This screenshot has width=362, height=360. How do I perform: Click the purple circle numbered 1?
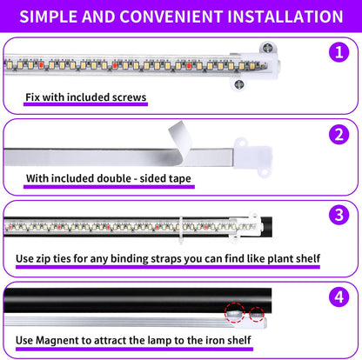pyautogui.click(x=338, y=52)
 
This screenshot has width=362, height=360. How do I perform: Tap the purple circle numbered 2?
pyautogui.click(x=338, y=136)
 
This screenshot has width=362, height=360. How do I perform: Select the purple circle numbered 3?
pyautogui.click(x=338, y=215)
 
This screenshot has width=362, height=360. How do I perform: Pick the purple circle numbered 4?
pyautogui.click(x=338, y=297)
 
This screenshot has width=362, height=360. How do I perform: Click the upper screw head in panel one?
pyautogui.click(x=261, y=50)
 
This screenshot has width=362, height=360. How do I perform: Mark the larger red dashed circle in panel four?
pyautogui.click(x=234, y=312)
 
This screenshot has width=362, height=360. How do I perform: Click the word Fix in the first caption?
pyautogui.click(x=34, y=97)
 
